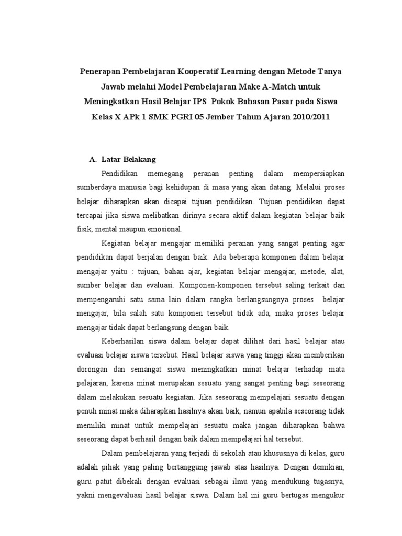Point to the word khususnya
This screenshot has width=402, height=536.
click(x=278, y=453)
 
